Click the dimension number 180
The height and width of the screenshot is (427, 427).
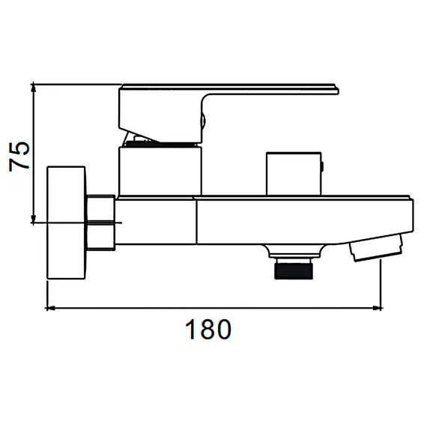[208, 329]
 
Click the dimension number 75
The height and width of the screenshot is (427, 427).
[19, 157]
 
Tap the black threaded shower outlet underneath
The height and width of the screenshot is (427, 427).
[294, 269]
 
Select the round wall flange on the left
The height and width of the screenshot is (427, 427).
[66, 222]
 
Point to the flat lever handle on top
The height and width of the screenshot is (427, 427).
[228, 89]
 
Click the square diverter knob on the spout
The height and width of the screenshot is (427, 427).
[294, 174]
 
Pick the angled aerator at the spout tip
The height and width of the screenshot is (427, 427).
[377, 247]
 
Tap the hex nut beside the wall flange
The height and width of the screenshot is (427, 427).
[101, 222]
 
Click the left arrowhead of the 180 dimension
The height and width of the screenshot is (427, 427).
[51, 308]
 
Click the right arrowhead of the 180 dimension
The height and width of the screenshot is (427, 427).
[378, 308]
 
